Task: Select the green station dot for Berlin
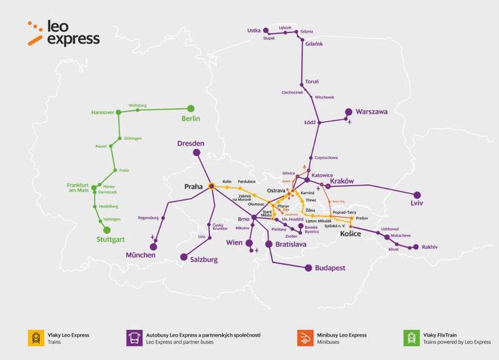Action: pos(191,108)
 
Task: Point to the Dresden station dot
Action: pos(196,153)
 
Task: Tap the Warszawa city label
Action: pos(372,112)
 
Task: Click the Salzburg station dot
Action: pos(183,256)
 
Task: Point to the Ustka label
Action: pos(254,30)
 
